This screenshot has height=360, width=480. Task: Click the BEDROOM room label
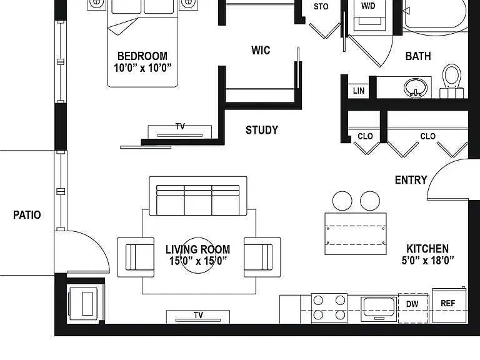(142, 56)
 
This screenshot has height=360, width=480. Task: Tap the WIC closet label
(261, 50)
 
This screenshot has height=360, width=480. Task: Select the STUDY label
(262, 130)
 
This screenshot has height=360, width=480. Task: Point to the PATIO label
(27, 215)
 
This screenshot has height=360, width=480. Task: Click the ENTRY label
(411, 180)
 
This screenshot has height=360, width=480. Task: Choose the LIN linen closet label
(359, 91)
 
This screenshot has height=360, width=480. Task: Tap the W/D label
(368, 6)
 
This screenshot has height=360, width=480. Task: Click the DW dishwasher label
(412, 304)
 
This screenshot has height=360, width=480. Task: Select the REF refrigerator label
(448, 303)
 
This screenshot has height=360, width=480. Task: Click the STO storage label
(321, 6)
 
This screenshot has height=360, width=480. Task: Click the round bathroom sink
(415, 87)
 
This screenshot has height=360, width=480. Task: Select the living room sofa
(198, 196)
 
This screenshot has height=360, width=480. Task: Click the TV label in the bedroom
(180, 126)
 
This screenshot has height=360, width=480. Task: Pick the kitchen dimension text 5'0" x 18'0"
(427, 261)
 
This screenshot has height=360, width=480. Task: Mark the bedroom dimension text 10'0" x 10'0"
(142, 67)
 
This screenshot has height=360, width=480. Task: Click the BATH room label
(418, 56)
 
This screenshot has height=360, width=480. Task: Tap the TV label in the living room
(198, 315)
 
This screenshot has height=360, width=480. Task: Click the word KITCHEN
(427, 249)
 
